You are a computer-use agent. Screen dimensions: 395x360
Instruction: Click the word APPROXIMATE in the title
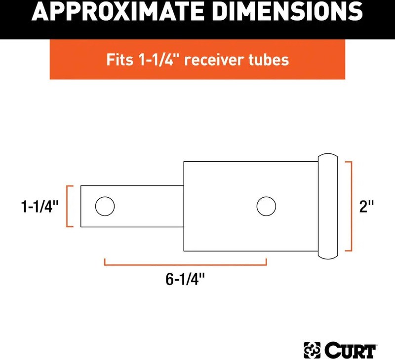pyautogui.click(x=118, y=11)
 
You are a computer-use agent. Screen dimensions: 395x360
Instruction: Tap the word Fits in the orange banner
pyautogui.click(x=119, y=60)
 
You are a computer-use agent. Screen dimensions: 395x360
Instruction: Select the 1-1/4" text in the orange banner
pyautogui.click(x=159, y=60)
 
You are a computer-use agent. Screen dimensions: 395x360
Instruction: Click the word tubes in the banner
pyautogui.click(x=269, y=60)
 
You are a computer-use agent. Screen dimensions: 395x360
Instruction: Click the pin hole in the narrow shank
pyautogui.click(x=105, y=206)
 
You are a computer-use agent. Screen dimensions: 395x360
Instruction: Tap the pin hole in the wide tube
pyautogui.click(x=266, y=206)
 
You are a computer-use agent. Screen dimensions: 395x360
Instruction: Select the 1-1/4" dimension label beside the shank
pyautogui.click(x=39, y=207)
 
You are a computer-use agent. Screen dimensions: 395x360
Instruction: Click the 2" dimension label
pyautogui.click(x=366, y=206)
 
